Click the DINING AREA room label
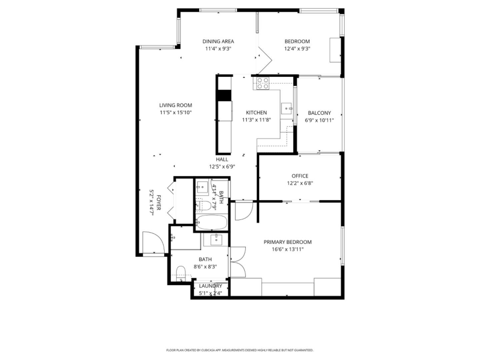(x=218, y=41)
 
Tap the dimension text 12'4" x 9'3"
(x=297, y=49)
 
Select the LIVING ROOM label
(x=175, y=105)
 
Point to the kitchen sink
(x=287, y=108)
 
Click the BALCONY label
(x=319, y=113)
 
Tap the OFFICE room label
(x=300, y=176)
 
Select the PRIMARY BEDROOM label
(x=287, y=242)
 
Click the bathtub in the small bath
(x=212, y=222)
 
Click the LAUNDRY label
(x=210, y=286)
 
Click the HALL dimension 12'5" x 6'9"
(x=222, y=167)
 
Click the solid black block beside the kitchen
(x=224, y=95)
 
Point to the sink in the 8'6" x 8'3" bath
(x=216, y=239)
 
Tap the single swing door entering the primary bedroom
(x=243, y=211)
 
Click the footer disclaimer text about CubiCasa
(x=240, y=350)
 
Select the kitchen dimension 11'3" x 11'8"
(x=256, y=120)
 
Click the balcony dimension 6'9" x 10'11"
(x=319, y=120)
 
